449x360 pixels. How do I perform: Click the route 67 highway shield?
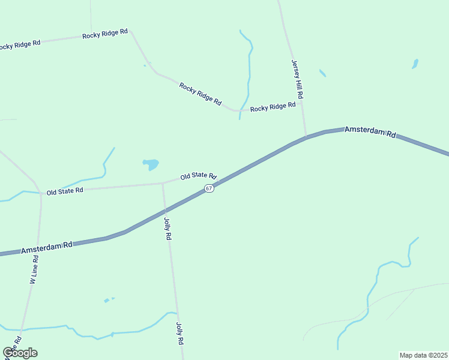(208, 188)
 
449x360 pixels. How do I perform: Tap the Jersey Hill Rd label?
(297, 80)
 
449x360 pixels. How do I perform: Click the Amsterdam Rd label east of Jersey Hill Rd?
(370, 133)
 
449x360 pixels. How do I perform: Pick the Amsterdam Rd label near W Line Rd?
(47, 247)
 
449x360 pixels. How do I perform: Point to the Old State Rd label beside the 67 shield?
(198, 176)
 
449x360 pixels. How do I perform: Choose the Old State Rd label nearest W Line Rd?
(65, 191)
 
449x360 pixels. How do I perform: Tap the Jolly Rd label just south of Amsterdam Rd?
(167, 229)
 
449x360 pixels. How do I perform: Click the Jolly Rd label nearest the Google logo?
(179, 334)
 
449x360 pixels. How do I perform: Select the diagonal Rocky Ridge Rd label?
(200, 94)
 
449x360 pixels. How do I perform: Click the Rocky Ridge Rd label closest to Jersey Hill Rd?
(273, 107)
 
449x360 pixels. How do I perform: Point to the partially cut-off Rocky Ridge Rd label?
(20, 44)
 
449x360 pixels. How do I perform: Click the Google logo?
(20, 353)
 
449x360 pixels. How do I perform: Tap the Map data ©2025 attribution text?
(423, 355)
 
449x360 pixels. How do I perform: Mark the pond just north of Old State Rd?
(150, 163)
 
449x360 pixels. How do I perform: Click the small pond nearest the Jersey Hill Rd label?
(322, 73)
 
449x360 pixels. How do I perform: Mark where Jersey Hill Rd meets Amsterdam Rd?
(306, 137)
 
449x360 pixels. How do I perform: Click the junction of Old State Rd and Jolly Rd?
(162, 183)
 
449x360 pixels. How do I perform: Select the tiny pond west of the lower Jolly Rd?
(107, 300)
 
